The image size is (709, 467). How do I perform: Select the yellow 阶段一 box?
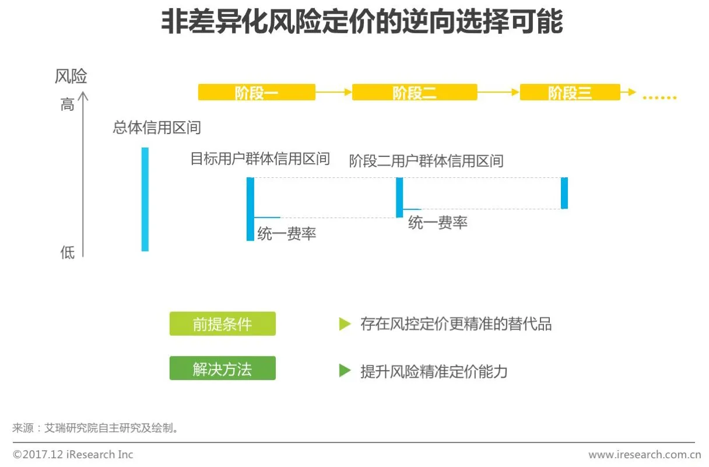(x=257, y=92)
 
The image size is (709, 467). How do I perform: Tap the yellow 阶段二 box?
(x=415, y=92)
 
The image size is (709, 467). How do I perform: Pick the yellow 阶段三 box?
(x=570, y=92)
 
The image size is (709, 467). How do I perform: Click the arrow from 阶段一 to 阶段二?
(x=334, y=92)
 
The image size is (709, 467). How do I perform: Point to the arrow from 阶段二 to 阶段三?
(x=498, y=92)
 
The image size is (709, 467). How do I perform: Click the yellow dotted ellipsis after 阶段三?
(x=659, y=97)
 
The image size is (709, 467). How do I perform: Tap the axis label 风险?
(x=71, y=76)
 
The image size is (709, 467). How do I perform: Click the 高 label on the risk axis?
(x=67, y=106)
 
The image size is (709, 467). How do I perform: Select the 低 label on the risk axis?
(x=67, y=252)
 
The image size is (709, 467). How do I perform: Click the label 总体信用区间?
(x=157, y=128)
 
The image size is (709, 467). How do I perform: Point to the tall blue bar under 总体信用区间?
(x=145, y=199)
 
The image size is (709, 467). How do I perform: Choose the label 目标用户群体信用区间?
(x=260, y=159)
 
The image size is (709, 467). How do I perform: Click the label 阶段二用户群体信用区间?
(x=426, y=160)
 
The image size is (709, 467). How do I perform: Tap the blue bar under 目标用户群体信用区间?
(x=250, y=209)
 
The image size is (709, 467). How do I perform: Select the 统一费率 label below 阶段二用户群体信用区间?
(x=438, y=222)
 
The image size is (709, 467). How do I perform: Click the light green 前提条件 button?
(x=222, y=324)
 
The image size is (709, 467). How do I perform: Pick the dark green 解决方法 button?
(x=222, y=369)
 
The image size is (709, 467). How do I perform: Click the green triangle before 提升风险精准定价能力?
(x=345, y=370)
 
